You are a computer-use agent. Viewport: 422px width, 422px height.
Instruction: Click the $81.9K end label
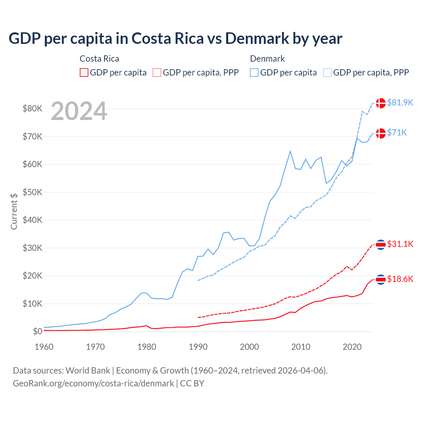point(400,103)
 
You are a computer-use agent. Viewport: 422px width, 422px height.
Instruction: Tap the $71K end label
point(397,133)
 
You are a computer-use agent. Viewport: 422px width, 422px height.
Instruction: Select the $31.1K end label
point(400,244)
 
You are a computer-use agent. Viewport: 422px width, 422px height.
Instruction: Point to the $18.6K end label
point(400,279)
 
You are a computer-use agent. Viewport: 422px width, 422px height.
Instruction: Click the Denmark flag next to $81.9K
point(381,103)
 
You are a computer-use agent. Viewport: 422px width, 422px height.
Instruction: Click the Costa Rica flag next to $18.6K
point(381,280)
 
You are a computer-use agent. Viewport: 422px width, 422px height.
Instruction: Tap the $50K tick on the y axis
point(32,192)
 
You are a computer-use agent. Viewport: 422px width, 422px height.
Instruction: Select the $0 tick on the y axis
point(38,331)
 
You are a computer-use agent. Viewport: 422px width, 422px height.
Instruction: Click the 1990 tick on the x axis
point(198,347)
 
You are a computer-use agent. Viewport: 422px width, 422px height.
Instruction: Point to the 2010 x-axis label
point(301,347)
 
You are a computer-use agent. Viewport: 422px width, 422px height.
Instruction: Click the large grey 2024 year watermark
point(79,111)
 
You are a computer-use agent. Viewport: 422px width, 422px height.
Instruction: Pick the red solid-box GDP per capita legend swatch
point(84,73)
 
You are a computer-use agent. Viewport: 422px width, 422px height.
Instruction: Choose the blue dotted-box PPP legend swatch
point(328,73)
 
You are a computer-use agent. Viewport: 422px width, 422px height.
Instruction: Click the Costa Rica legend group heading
point(99,59)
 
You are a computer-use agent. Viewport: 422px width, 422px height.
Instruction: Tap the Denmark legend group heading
point(267,59)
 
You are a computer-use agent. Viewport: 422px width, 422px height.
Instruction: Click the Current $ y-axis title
point(14,211)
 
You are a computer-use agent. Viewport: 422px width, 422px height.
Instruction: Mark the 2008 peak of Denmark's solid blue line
point(290,151)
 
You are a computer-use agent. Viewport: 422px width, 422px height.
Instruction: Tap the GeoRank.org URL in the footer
point(93,383)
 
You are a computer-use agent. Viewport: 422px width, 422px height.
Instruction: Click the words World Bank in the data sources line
point(88,371)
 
